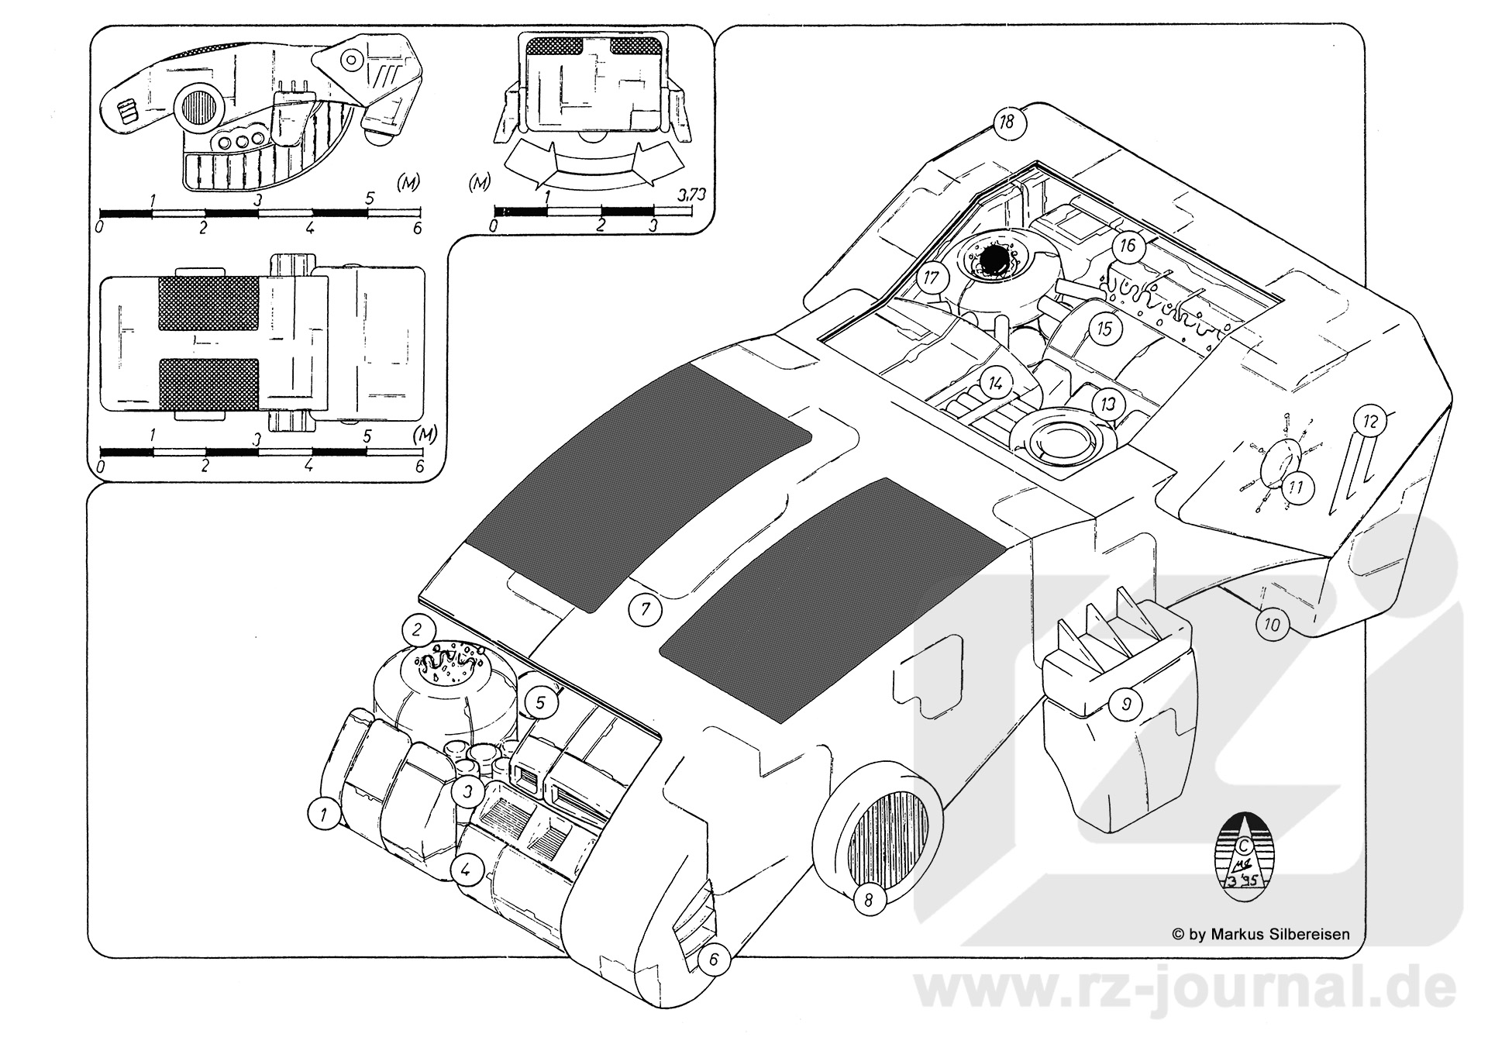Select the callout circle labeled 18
coord(1007,122)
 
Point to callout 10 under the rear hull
coord(1272,624)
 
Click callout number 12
coord(1369,422)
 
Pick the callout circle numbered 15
coord(1104,329)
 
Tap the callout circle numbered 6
coord(714,960)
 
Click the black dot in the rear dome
coord(992,257)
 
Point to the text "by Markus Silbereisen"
coord(1268,935)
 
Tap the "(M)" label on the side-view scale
coord(408,184)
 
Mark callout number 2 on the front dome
coord(417,629)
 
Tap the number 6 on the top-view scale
coord(418,467)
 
